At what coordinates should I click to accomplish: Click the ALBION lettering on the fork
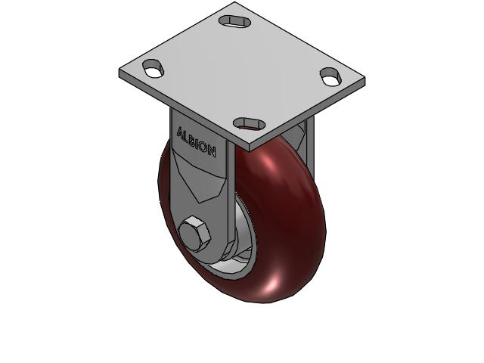pos(197,141)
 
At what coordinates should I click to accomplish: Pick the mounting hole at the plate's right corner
pos(330,76)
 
